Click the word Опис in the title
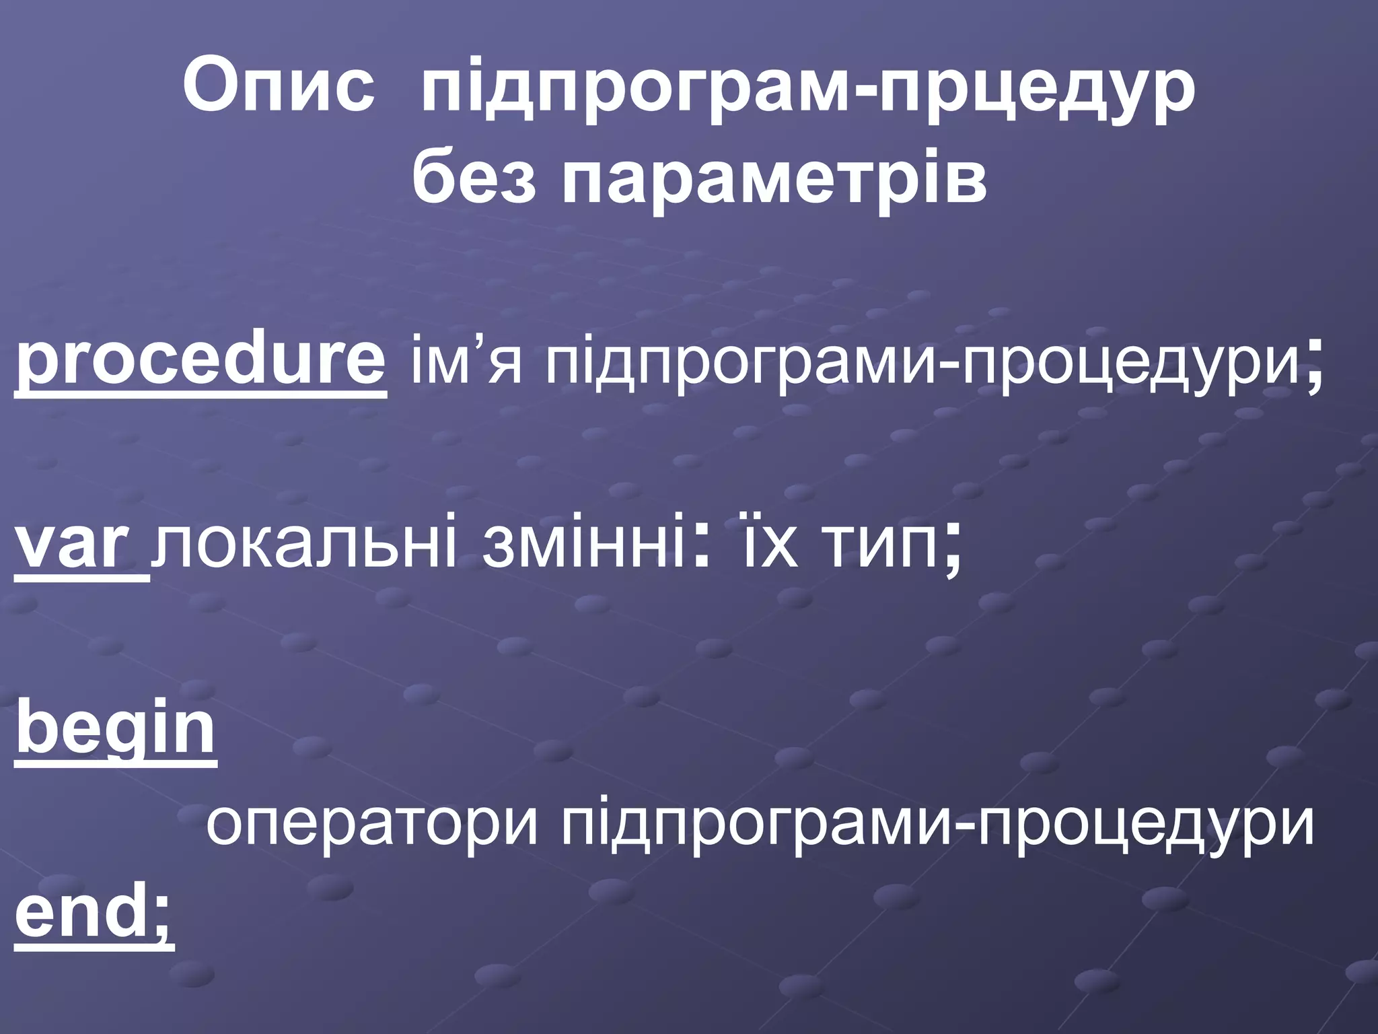coord(278,89)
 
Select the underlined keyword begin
coord(116,731)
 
